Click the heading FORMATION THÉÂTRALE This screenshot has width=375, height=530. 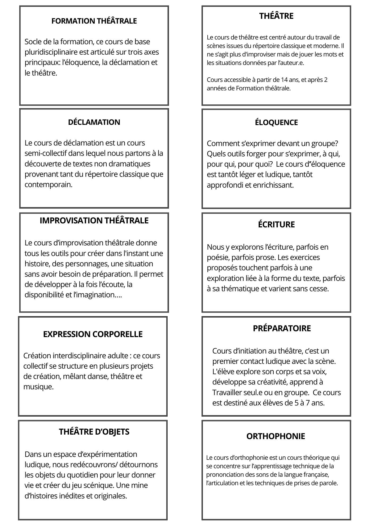click(x=94, y=21)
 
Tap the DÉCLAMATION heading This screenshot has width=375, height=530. click(x=94, y=122)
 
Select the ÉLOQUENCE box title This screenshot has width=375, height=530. click(x=276, y=122)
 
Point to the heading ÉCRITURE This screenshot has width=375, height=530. click(x=276, y=224)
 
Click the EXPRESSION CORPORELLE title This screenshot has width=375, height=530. click(x=93, y=334)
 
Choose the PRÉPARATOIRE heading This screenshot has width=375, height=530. click(x=282, y=328)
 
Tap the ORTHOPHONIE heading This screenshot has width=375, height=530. click(x=276, y=436)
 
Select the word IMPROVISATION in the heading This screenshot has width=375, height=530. click(x=71, y=220)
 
